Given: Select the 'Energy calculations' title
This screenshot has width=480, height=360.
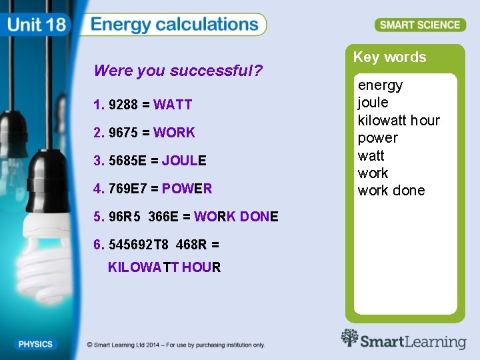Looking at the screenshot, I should (175, 25).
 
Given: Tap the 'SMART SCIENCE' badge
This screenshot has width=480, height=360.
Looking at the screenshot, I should (420, 25).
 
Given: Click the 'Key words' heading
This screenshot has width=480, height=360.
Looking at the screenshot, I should (389, 57).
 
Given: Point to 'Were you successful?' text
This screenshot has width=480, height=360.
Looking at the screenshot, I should (178, 71).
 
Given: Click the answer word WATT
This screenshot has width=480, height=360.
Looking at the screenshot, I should (173, 105).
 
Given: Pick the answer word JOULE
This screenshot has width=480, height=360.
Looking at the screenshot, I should (184, 161).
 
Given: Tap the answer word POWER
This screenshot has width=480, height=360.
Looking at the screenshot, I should (187, 189).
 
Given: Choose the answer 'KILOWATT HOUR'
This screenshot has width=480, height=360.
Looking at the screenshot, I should (164, 267).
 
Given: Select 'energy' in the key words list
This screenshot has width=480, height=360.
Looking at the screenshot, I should (380, 85).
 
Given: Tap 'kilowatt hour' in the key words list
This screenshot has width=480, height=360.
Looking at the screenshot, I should (399, 121).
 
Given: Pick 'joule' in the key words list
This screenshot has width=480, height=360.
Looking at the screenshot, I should (373, 103).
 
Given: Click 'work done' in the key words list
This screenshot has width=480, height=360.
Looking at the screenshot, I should (391, 191).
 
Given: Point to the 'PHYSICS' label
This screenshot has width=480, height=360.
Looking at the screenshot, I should (35, 345).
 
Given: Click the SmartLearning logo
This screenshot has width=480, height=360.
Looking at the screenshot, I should (403, 341).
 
